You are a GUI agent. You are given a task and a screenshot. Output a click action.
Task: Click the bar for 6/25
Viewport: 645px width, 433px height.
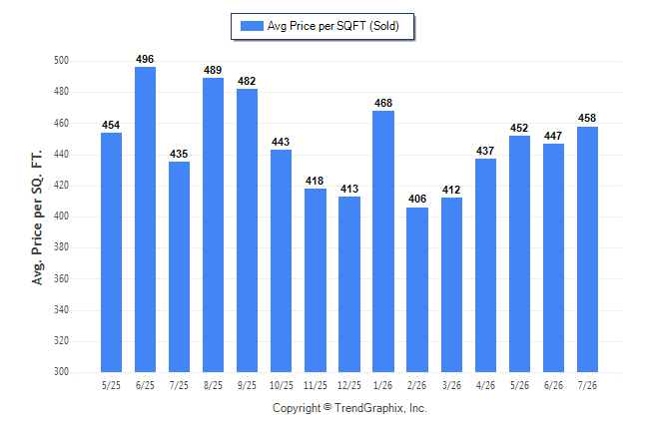[x=145, y=219]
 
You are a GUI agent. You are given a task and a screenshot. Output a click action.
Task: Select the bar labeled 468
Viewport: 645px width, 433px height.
[x=383, y=241]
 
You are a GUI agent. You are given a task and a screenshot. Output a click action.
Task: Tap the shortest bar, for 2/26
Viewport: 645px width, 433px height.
[x=417, y=290]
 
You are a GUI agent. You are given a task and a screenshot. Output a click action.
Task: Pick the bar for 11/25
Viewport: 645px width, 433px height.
[x=316, y=280]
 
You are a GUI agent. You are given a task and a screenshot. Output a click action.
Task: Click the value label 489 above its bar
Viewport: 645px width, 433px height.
[x=213, y=70]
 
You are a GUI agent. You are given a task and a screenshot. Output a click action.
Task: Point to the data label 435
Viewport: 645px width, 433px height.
[x=179, y=155]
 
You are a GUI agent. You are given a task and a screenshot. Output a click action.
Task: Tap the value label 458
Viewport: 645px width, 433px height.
[x=587, y=119]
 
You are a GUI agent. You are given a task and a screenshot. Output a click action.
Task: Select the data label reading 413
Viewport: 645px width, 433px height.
[x=349, y=189]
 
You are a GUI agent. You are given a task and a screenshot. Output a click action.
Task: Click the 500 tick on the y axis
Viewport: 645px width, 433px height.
[x=61, y=61]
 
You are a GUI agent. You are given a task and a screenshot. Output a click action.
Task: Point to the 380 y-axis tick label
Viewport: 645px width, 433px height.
[x=61, y=247]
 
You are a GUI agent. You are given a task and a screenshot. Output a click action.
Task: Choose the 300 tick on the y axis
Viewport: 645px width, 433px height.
[x=61, y=371]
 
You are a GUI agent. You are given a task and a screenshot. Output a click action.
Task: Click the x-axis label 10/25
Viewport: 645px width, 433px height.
[x=282, y=385]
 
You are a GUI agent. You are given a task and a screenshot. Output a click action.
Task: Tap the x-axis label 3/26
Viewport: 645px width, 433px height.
[x=451, y=385]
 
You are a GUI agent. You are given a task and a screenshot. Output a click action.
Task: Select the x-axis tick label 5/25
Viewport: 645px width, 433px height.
[x=111, y=385]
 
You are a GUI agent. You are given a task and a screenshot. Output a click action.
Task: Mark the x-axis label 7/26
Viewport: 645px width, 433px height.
[x=587, y=385]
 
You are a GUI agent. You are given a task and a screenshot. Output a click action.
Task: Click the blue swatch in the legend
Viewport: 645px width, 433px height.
[x=252, y=26]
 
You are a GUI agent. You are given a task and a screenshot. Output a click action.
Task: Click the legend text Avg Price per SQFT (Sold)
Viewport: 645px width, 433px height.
[x=333, y=26]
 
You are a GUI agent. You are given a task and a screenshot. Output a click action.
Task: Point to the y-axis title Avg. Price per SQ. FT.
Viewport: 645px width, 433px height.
[x=37, y=217]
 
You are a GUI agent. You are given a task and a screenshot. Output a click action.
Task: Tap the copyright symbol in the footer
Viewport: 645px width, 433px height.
[x=327, y=407]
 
